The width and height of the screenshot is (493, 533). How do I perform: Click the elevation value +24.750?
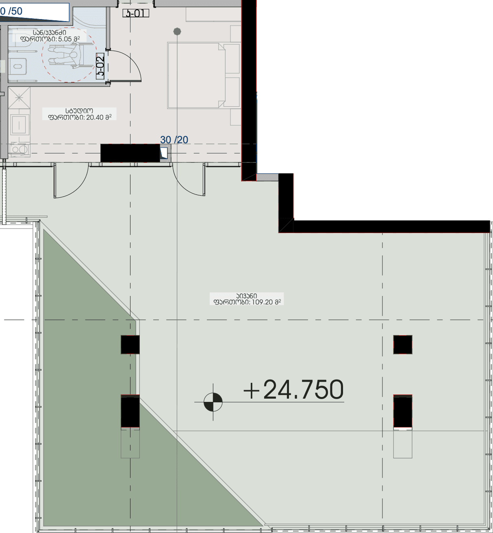click(x=293, y=390)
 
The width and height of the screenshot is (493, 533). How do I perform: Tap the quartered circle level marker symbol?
click(x=213, y=402)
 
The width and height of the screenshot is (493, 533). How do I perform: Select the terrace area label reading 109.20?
click(x=247, y=299)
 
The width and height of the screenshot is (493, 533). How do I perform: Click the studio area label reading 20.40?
click(x=80, y=114)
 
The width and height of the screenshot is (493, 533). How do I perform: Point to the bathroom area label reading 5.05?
click(x=50, y=36)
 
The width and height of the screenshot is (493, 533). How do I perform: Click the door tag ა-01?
click(x=136, y=13)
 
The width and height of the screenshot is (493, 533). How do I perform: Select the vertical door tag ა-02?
click(x=100, y=67)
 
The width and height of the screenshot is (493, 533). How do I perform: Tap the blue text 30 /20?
click(x=174, y=140)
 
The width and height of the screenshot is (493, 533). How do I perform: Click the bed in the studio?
click(x=197, y=76)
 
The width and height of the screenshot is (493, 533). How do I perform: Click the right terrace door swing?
click(x=188, y=181)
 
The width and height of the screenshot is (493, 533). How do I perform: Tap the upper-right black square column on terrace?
click(x=402, y=345)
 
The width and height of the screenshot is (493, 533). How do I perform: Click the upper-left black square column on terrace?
click(x=130, y=345)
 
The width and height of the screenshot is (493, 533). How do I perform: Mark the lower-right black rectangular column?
click(x=402, y=411)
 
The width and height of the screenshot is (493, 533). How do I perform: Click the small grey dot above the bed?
click(x=177, y=31)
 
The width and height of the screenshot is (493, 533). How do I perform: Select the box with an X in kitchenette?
click(x=19, y=98)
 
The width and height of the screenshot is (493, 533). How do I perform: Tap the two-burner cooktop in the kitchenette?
click(x=19, y=149)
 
